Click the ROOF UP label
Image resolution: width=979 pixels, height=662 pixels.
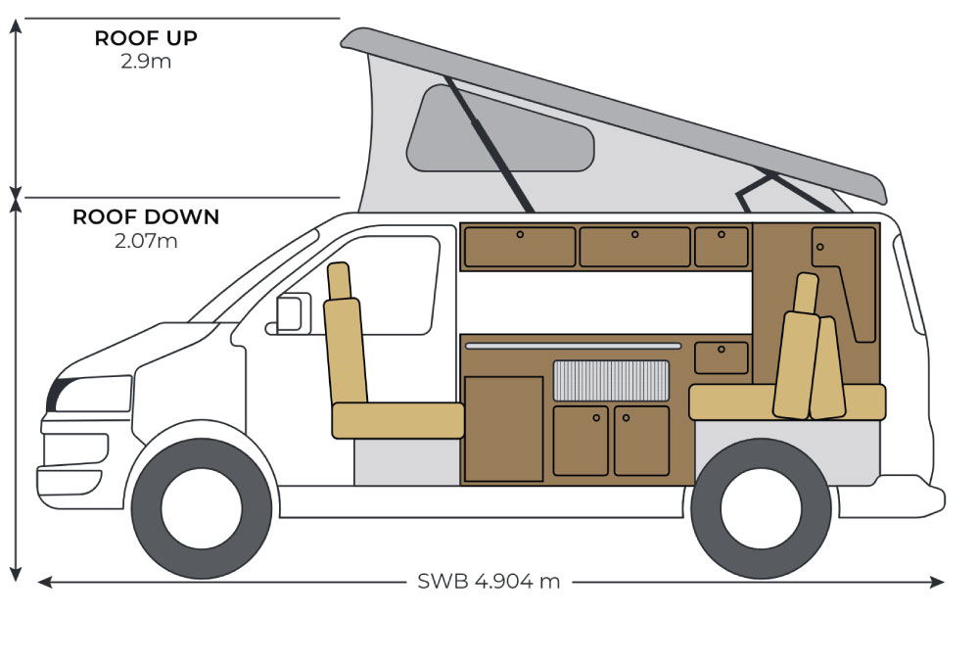(146, 38)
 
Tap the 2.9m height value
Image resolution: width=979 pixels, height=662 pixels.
(146, 61)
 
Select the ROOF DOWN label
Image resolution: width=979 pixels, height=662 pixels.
(146, 216)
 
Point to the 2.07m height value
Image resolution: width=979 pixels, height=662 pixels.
(146, 241)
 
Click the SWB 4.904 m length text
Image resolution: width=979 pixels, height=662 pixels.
(489, 582)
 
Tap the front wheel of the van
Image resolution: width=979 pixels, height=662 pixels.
(202, 507)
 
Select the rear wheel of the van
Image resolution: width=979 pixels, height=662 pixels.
(761, 507)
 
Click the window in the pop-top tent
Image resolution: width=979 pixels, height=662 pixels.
(499, 130)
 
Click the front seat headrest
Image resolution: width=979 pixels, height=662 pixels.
(339, 282)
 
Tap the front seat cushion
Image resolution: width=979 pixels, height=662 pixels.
(397, 420)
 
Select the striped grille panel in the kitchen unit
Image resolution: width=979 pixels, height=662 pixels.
(611, 380)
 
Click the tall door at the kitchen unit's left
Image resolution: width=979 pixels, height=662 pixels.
(504, 429)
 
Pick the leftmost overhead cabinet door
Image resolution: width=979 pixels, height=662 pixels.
(520, 247)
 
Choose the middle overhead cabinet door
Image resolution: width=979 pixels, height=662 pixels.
(635, 247)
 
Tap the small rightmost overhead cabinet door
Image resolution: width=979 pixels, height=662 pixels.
(722, 247)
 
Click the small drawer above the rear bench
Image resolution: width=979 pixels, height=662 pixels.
(722, 357)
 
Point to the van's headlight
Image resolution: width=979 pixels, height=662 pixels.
(90, 394)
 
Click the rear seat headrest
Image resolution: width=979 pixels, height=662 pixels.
(806, 293)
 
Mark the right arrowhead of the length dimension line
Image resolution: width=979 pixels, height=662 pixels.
(937, 582)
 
